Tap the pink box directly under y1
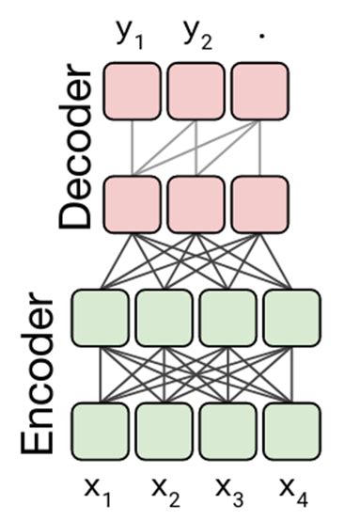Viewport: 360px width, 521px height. coord(132,91)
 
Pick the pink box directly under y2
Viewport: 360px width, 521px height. coord(196,91)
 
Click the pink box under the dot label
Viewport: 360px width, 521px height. coord(258,91)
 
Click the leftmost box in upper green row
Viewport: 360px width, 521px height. coord(100,319)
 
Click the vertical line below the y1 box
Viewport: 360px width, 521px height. coord(132,147)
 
